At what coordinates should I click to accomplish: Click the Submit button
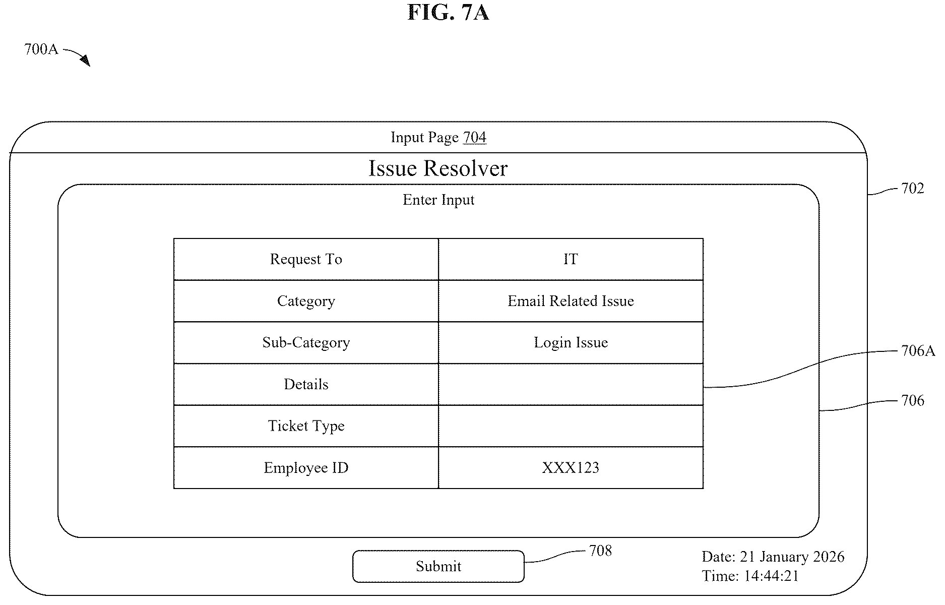(438, 566)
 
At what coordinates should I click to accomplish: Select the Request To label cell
(306, 259)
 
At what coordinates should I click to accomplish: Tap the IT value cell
(571, 259)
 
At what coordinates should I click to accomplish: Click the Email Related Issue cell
(571, 301)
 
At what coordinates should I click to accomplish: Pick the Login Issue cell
(571, 343)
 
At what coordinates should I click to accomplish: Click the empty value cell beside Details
(571, 384)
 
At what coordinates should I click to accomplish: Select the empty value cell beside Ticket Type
(571, 426)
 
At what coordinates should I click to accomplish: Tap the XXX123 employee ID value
(571, 468)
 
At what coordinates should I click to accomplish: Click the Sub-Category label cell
(306, 343)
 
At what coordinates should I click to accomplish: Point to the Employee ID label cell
(306, 468)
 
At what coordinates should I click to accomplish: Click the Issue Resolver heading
(438, 168)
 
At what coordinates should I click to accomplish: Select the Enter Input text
(438, 200)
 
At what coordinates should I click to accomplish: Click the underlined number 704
(475, 137)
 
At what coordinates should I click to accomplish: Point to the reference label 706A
(918, 351)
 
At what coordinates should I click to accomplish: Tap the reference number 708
(600, 551)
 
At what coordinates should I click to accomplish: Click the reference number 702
(912, 189)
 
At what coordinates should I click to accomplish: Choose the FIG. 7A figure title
(448, 12)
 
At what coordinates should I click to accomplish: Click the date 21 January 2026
(792, 557)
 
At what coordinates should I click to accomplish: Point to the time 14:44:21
(771, 576)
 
